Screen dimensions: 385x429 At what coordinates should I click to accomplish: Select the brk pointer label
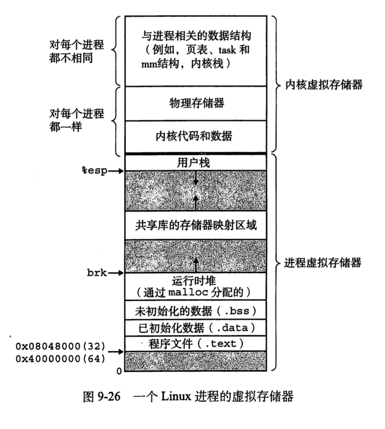97,273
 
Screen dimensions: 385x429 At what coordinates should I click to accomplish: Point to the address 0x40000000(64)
60,359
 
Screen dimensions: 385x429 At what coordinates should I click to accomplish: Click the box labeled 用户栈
195,162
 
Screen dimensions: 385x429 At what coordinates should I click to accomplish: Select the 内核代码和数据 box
195,136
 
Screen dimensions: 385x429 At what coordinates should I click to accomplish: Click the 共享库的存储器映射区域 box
195,225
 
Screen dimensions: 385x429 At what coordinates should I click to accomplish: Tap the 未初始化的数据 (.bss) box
195,311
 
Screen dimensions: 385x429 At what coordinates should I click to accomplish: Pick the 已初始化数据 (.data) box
195,327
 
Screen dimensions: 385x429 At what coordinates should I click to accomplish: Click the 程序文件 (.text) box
195,343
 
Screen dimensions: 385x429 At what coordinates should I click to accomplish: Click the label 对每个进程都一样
76,120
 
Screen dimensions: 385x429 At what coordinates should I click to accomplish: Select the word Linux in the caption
174,396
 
